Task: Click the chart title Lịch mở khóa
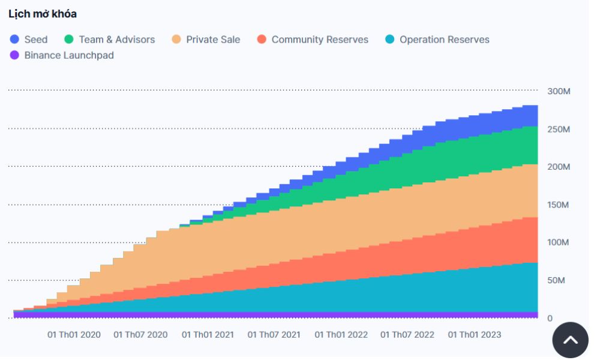click(43, 14)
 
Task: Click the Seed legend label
click(35, 40)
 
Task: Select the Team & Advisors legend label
click(116, 40)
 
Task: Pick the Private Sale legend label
click(213, 40)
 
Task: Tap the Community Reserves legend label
click(320, 40)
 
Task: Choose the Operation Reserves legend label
click(444, 40)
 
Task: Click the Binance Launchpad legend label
click(69, 55)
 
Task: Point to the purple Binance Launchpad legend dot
click(15, 55)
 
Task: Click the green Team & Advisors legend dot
click(69, 40)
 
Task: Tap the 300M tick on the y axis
click(558, 91)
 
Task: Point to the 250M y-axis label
click(558, 130)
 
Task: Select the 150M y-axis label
click(558, 205)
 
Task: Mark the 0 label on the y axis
click(550, 319)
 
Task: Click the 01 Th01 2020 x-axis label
click(74, 334)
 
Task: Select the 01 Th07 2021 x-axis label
click(274, 334)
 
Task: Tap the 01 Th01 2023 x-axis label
click(475, 334)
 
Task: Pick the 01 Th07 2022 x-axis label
click(408, 334)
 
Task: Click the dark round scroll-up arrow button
click(570, 340)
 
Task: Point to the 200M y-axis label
click(558, 167)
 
